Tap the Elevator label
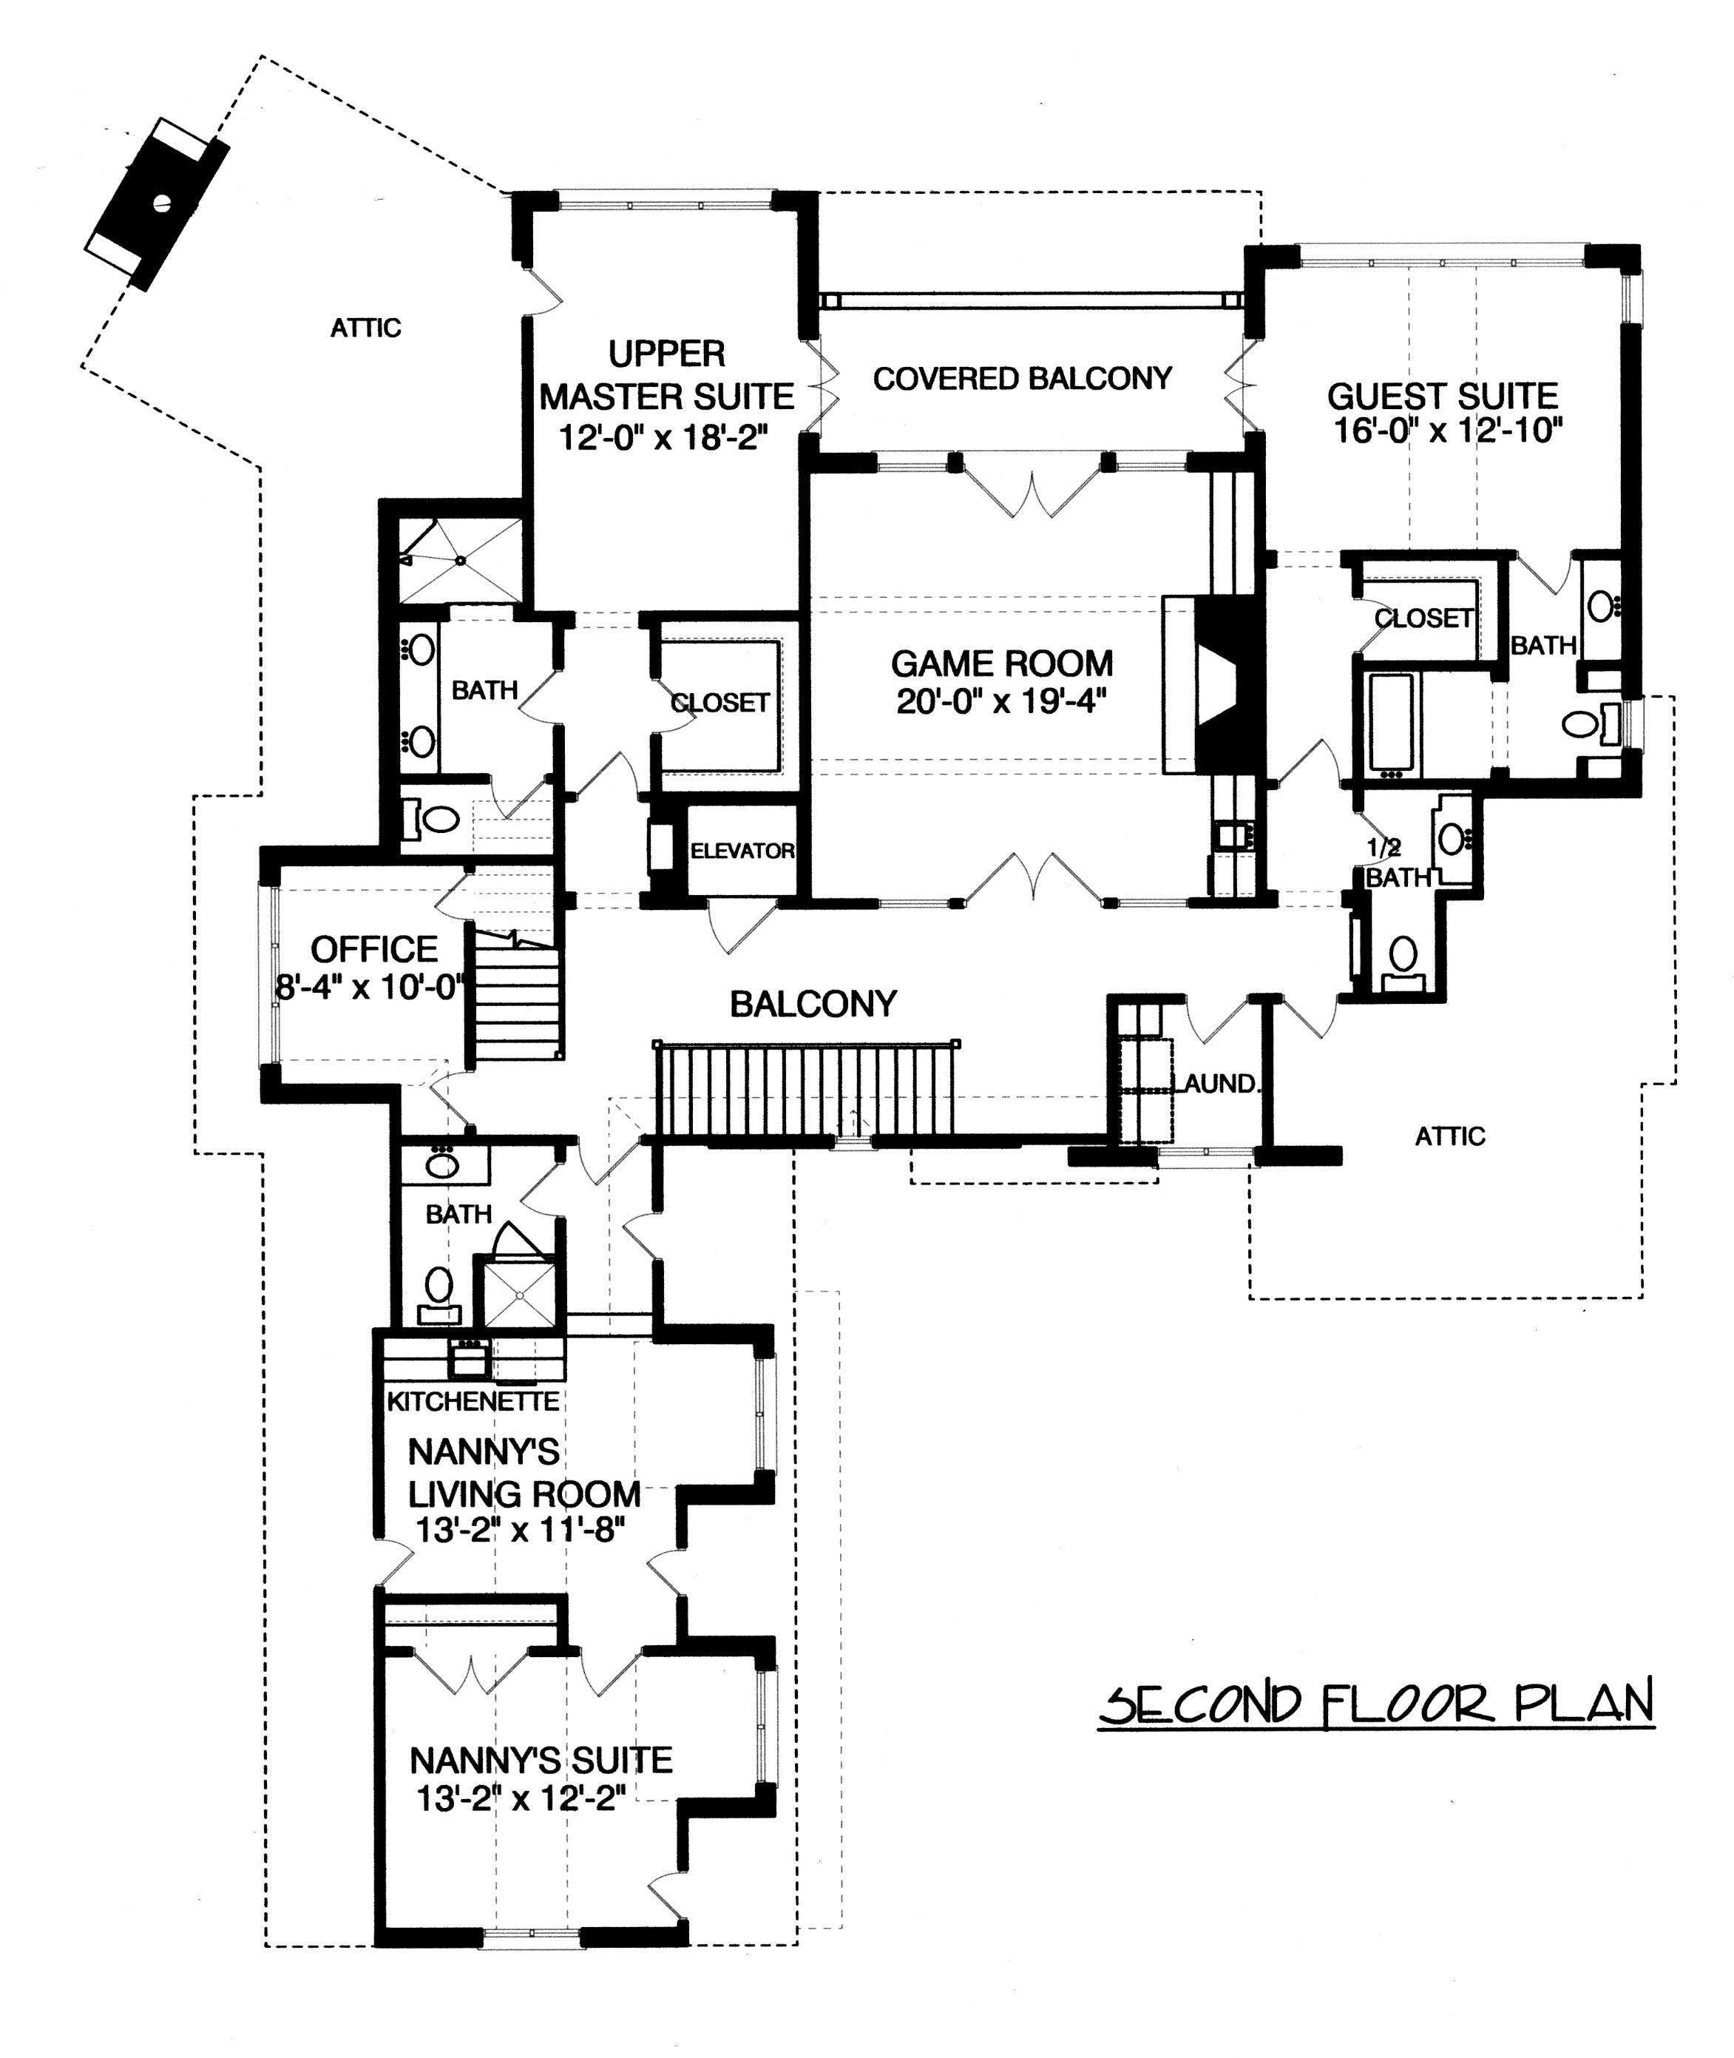742,851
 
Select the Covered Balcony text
1023,379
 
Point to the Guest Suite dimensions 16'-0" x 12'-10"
1448,431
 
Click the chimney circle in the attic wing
162,204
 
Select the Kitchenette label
473,1401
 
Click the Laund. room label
1219,1084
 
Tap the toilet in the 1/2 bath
1403,956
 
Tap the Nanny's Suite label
541,1759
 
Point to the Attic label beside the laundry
1450,1137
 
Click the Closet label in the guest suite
1423,618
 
